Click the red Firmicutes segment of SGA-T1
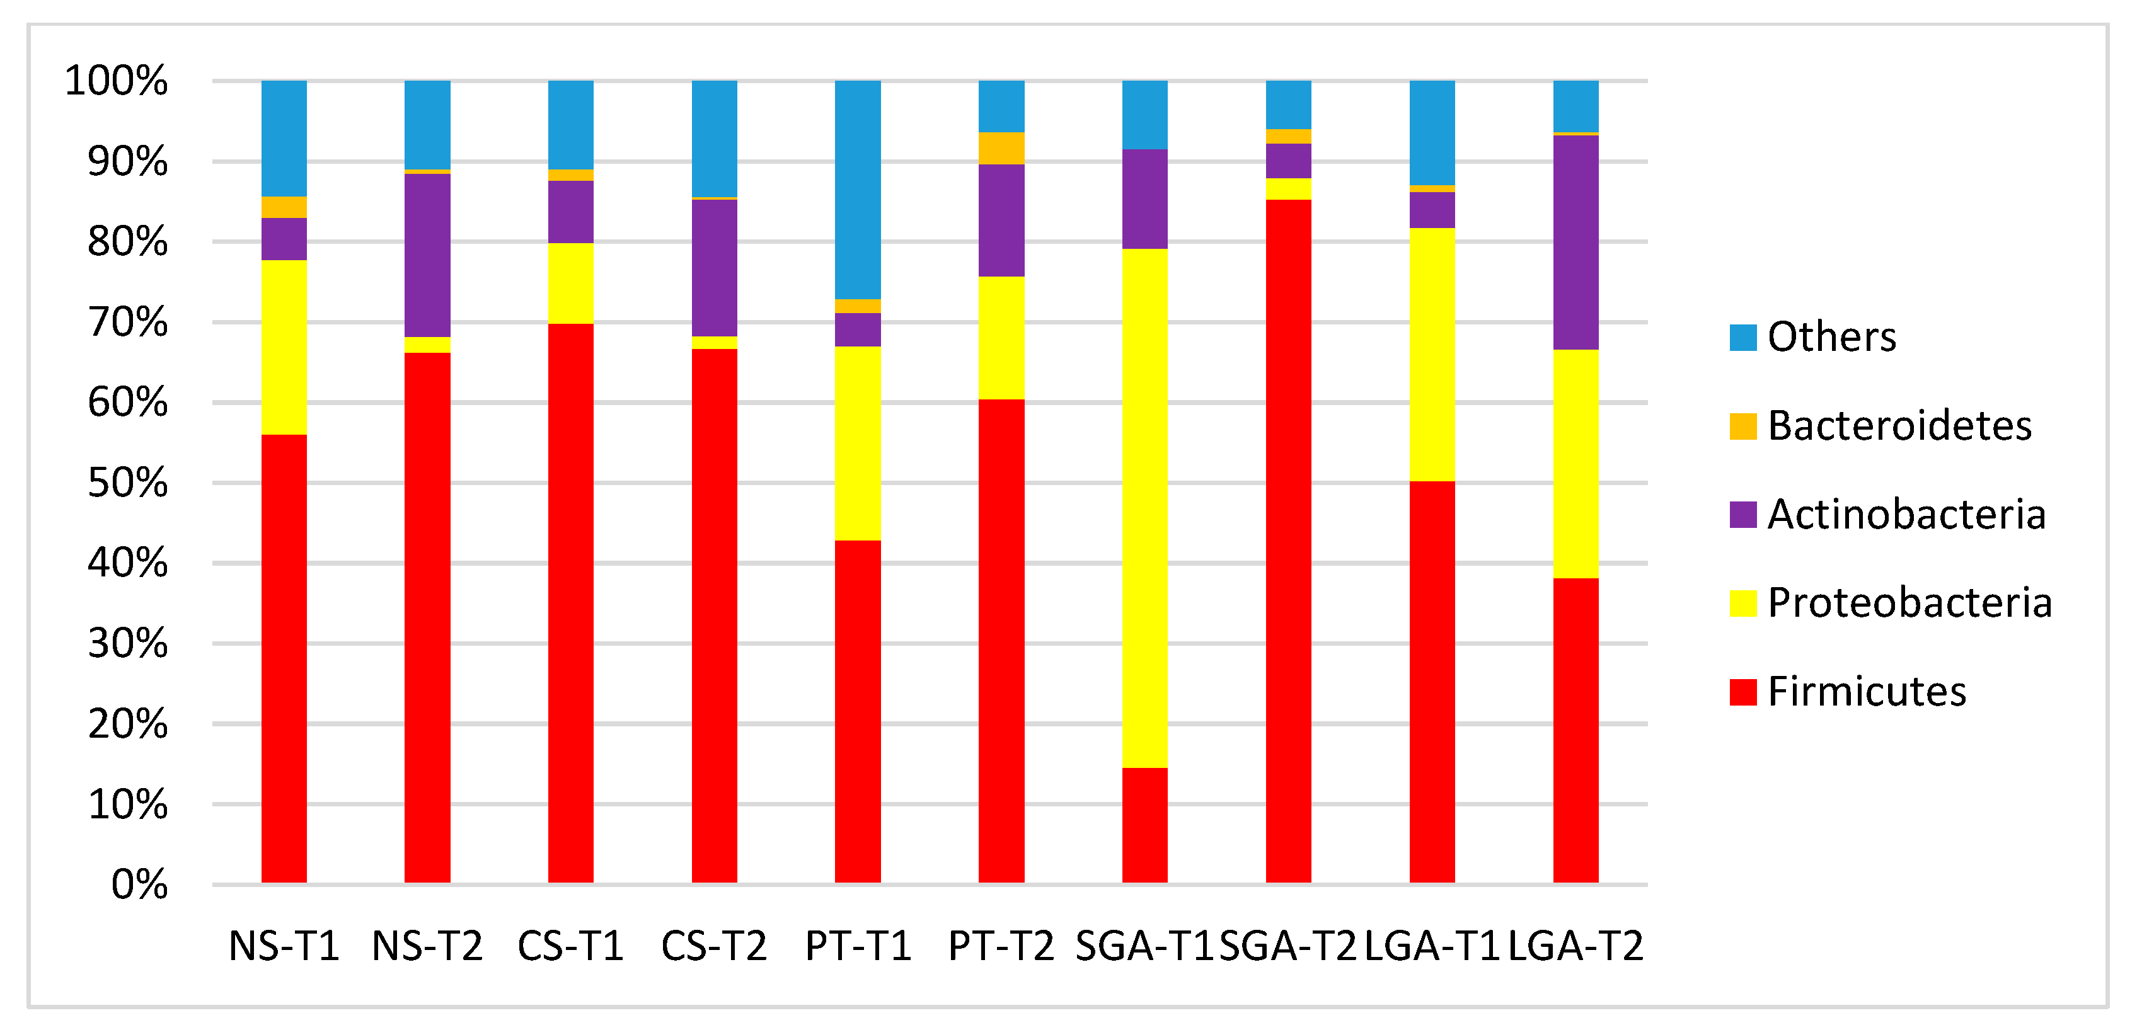[x=1145, y=825]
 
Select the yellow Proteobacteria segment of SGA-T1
[x=1145, y=508]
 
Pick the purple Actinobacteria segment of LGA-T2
[x=1575, y=242]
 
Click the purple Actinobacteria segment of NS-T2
[x=427, y=255]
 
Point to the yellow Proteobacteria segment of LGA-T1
[x=1432, y=354]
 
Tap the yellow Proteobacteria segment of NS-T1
[x=284, y=346]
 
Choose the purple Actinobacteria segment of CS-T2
[x=714, y=267]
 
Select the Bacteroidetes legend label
[x=1900, y=425]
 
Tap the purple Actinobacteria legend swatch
[x=1743, y=514]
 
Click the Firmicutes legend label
[x=1867, y=691]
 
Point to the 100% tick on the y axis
[x=116, y=81]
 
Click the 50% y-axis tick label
[x=128, y=483]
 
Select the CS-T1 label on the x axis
[x=571, y=946]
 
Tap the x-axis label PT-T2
[x=1001, y=946]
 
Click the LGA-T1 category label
[x=1432, y=946]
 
